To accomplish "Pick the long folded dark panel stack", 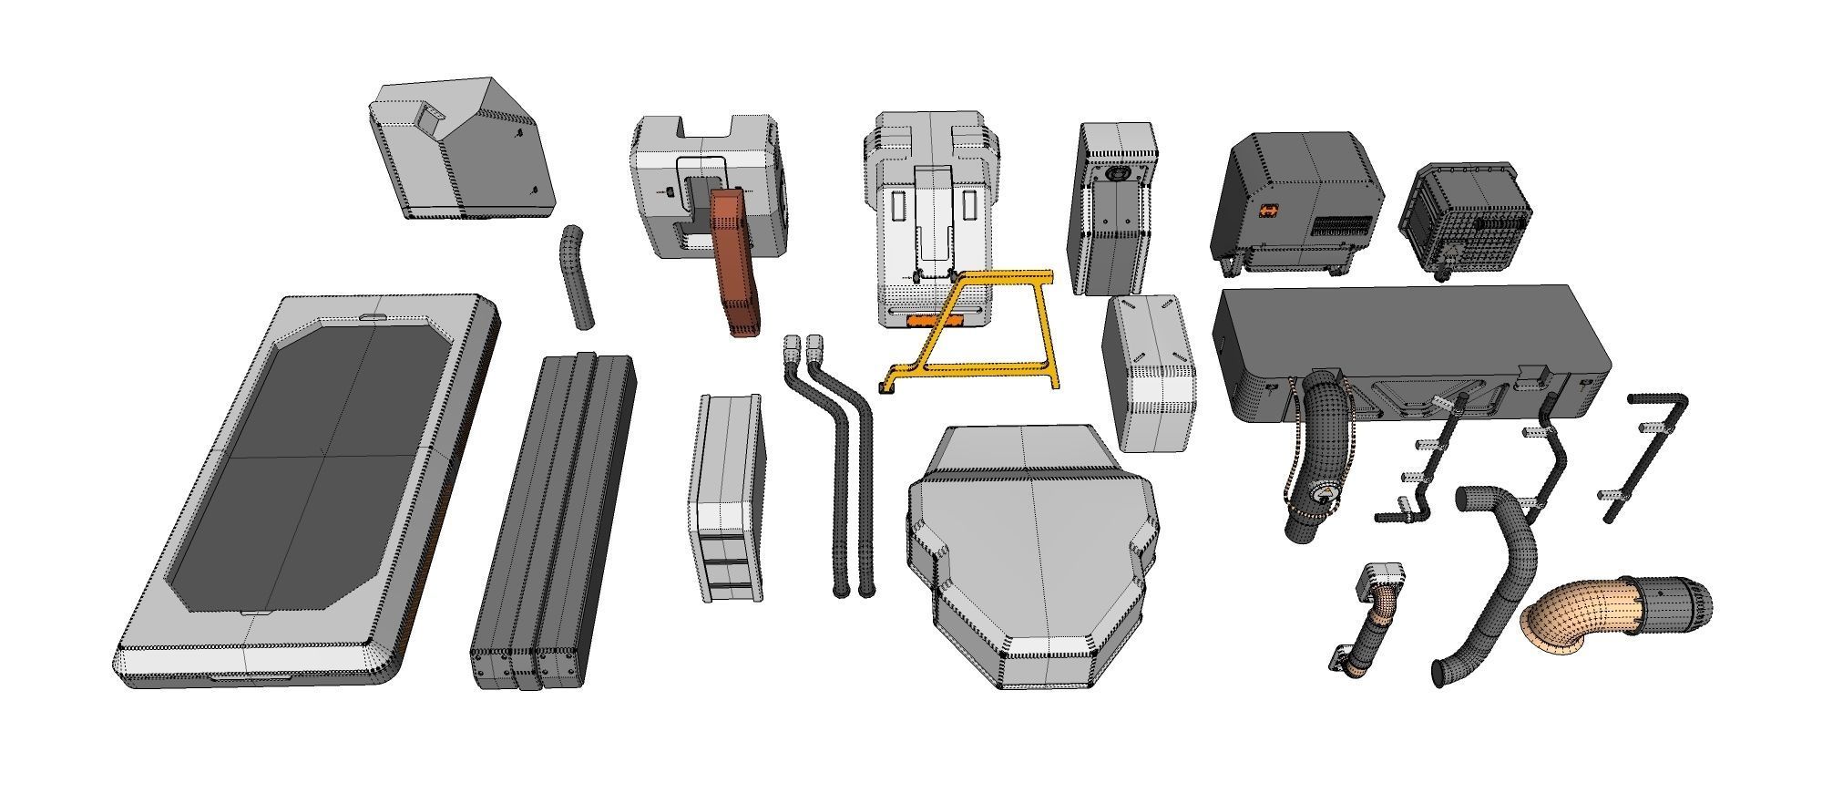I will pos(553,520).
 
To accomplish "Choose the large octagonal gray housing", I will pos(1034,556).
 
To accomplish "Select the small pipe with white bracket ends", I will pos(1369,620).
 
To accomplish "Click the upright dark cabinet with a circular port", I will pos(1113,210).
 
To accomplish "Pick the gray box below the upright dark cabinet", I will pos(1150,374).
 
